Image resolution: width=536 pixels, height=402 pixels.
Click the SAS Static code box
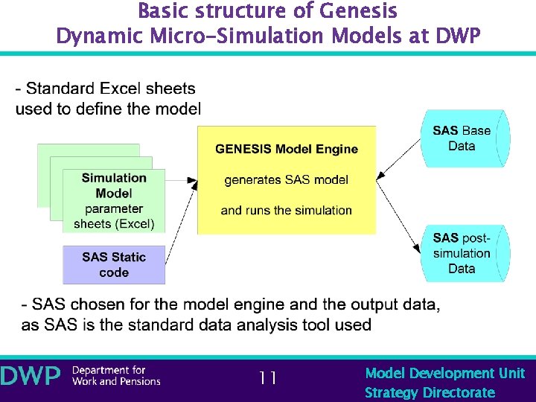click(114, 265)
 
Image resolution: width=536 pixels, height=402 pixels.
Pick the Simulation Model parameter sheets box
click(114, 200)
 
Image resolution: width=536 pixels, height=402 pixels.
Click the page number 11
click(268, 378)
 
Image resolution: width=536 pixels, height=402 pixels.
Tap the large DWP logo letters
click(31, 377)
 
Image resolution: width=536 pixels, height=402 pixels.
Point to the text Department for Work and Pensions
click(116, 376)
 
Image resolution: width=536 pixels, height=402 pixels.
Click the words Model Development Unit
click(444, 373)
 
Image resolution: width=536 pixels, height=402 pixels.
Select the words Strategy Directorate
click(430, 392)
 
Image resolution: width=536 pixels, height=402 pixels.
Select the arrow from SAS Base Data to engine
click(398, 161)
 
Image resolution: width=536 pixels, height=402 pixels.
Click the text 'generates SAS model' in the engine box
click(287, 179)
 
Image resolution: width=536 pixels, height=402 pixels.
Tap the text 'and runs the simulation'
click(287, 210)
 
